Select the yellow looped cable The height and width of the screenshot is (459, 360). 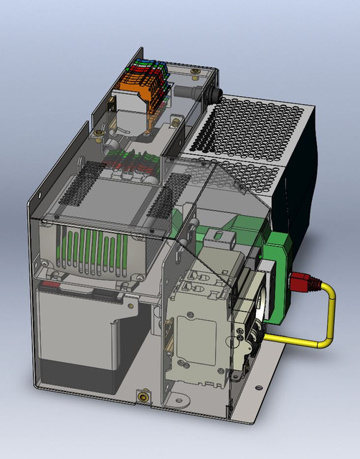point(329,316)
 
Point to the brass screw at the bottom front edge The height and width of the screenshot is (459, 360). point(143,395)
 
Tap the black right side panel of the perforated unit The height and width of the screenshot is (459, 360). point(301,186)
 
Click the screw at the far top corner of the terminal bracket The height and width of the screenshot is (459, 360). point(195,72)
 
